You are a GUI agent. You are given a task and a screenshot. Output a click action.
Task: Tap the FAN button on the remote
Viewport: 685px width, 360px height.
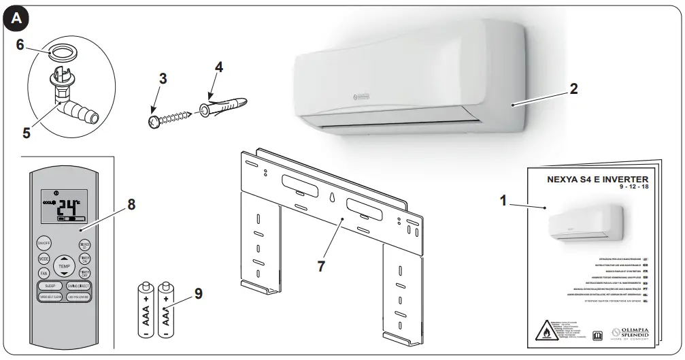coord(43,273)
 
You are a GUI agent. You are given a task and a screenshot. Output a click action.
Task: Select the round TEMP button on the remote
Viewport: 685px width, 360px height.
coord(63,266)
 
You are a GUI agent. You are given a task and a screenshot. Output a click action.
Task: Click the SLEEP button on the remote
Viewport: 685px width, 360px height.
coord(50,286)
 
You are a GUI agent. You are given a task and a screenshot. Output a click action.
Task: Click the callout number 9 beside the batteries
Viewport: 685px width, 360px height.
coord(197,293)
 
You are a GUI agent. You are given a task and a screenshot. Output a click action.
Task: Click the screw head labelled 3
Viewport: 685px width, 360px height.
coord(153,121)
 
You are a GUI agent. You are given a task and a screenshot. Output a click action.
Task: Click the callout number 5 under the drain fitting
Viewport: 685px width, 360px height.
coord(26,133)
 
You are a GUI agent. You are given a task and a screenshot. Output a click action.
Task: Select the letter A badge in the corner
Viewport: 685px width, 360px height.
coord(16,19)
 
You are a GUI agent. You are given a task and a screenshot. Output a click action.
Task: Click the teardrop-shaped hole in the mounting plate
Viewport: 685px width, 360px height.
coord(330,197)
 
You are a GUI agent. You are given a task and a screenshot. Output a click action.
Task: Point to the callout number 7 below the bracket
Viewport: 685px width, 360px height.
coord(321,266)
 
